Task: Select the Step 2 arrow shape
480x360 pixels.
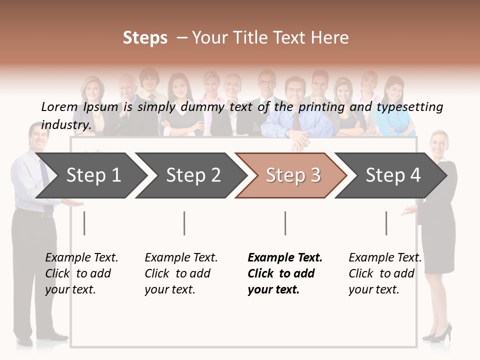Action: coord(192,175)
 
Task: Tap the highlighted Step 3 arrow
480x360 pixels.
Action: coord(292,175)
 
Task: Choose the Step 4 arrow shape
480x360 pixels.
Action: coord(392,175)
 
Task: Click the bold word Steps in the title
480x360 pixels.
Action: coord(145,38)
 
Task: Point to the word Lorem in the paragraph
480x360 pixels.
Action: coord(59,106)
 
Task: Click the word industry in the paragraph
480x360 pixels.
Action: coord(65,125)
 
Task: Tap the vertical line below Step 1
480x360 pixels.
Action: coord(84,223)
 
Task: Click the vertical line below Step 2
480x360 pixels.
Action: coord(184,223)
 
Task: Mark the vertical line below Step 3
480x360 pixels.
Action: coord(285,223)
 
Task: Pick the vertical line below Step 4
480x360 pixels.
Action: coord(386,223)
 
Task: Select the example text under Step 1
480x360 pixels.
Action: coord(81,273)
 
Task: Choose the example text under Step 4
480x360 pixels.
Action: coord(384,273)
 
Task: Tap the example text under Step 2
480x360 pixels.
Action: coord(180,273)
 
